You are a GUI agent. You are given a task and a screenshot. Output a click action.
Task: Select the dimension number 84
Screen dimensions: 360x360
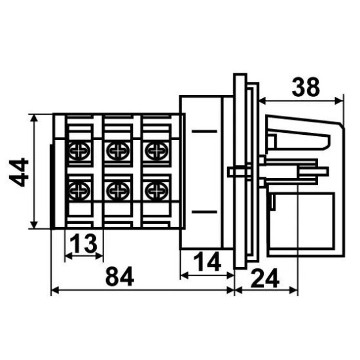pos(119,276)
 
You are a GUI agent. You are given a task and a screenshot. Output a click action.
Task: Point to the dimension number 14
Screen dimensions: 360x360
pos(207,262)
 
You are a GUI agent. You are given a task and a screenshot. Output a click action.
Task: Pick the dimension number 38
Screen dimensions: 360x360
pos(306,88)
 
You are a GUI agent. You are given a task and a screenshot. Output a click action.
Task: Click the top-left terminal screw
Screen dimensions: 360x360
pos(79,151)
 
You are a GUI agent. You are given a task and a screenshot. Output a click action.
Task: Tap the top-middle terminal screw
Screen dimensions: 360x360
pos(118,151)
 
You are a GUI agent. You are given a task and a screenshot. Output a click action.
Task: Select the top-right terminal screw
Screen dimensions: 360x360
pos(157,151)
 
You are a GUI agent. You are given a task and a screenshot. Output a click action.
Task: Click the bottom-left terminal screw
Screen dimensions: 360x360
pos(79,190)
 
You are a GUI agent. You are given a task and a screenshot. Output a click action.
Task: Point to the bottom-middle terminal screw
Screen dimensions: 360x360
pos(118,190)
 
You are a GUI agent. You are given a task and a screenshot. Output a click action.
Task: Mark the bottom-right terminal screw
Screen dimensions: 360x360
pos(157,190)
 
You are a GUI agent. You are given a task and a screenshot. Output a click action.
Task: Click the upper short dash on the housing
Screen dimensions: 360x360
pos(204,132)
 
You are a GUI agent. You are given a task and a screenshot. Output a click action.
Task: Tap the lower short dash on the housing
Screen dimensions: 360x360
pos(204,212)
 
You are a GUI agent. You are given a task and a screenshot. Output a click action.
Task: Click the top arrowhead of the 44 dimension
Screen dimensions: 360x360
pos(34,118)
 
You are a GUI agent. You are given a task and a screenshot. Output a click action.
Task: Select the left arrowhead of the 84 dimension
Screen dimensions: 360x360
pos(55,291)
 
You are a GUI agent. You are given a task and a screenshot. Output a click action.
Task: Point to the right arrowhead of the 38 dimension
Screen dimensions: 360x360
pos(338,101)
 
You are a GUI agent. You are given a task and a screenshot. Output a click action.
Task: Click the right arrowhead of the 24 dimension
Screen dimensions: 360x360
pos(293,291)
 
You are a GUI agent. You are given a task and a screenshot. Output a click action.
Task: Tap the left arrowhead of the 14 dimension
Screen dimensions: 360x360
pos(185,276)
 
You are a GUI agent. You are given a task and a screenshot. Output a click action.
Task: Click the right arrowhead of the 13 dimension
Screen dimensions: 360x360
pos(99,256)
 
